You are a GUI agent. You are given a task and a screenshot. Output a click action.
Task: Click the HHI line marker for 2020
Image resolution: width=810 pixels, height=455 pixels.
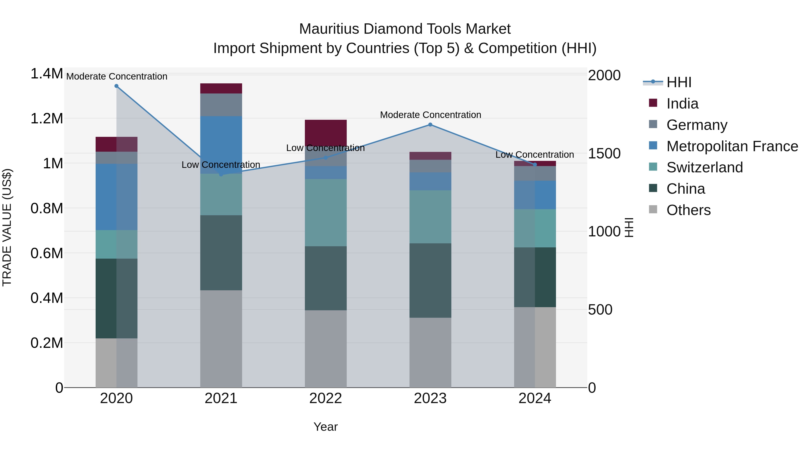[x=116, y=86]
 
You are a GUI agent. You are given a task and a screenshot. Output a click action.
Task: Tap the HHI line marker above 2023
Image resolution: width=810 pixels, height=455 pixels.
[x=430, y=125]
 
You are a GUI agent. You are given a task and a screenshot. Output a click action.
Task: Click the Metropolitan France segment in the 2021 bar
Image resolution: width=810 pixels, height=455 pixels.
[x=221, y=144]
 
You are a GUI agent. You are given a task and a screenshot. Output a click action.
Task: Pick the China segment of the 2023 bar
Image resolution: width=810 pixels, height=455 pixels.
[x=430, y=280]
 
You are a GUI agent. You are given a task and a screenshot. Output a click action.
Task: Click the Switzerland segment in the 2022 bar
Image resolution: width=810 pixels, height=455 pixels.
[x=326, y=212]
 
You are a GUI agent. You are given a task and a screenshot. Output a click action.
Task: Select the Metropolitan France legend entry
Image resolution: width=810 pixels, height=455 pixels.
[x=732, y=146]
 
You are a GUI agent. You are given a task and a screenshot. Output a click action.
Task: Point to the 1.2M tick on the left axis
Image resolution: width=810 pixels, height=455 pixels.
[x=47, y=119]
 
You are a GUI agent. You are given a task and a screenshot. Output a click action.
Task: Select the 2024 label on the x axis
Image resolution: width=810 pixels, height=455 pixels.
[x=535, y=398]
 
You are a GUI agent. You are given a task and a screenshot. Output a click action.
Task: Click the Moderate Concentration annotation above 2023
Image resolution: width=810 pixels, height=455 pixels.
[x=430, y=115]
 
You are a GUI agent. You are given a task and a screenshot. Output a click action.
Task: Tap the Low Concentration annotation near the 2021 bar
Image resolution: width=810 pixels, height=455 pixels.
[x=221, y=165]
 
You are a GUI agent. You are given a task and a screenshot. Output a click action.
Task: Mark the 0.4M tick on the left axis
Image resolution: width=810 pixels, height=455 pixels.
[x=47, y=298]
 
